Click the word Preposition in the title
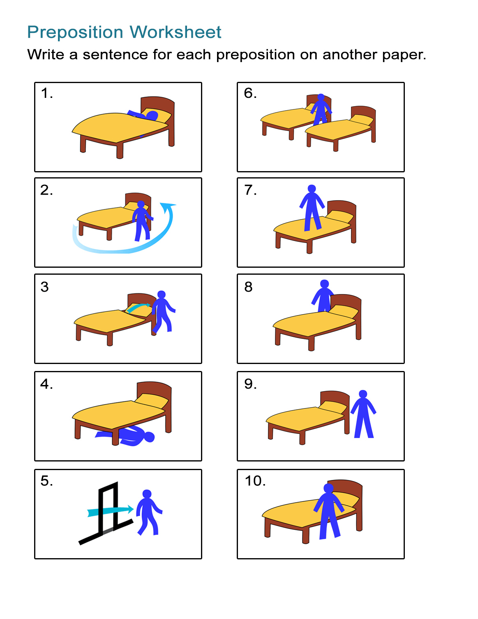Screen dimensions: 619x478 75,32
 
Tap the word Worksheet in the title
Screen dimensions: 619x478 176,32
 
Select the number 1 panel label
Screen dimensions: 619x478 46,94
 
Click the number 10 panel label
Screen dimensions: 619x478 254,481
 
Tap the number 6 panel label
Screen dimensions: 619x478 249,93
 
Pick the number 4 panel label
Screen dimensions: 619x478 46,384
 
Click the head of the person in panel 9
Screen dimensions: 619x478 363,394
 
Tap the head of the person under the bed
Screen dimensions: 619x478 149,437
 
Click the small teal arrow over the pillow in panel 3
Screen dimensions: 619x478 138,307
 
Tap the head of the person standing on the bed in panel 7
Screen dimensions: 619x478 312,189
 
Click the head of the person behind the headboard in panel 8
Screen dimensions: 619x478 324,284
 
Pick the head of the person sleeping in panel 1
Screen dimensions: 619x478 152,116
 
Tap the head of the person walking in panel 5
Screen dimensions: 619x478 147,494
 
